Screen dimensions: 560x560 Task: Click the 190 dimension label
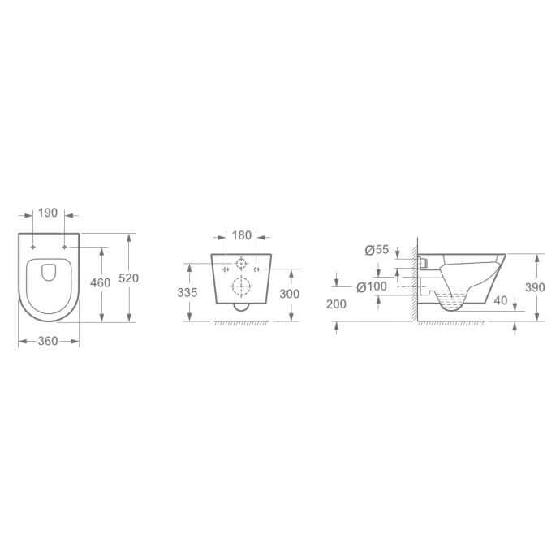click(48, 213)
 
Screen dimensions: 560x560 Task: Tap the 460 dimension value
click(100, 283)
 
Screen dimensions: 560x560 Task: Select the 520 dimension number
click(128, 278)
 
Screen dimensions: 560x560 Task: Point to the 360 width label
click(48, 341)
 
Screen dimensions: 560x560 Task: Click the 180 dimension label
click(242, 235)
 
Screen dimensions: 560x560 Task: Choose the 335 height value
click(187, 292)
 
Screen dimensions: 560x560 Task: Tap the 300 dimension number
click(289, 294)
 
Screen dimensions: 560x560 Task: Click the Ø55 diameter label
click(377, 250)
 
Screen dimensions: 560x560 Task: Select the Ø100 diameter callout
click(372, 286)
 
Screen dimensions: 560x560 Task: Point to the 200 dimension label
click(336, 304)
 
